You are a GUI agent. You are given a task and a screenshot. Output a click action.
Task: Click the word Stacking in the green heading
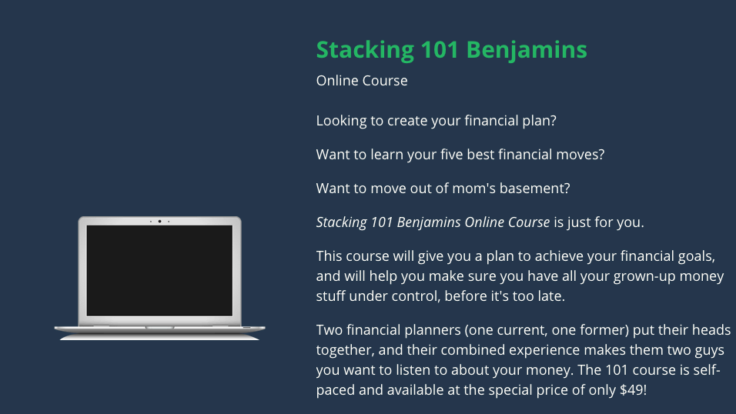click(x=365, y=50)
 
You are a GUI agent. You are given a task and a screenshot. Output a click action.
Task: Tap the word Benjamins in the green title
click(x=527, y=50)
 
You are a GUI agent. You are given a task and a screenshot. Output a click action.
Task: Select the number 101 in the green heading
click(x=440, y=49)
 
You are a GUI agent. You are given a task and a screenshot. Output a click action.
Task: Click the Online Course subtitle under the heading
click(x=362, y=80)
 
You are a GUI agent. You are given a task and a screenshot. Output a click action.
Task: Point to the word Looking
click(x=341, y=121)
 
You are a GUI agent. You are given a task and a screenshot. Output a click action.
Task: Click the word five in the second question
click(x=451, y=154)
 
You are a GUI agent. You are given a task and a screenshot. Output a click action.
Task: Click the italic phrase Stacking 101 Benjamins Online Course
click(x=433, y=222)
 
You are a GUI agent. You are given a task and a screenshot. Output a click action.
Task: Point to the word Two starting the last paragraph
click(x=330, y=329)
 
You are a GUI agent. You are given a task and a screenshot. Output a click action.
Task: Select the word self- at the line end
click(x=706, y=369)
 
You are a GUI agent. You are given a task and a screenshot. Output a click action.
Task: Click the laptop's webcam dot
click(x=159, y=221)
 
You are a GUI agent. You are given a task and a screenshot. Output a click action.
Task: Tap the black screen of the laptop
click(x=159, y=270)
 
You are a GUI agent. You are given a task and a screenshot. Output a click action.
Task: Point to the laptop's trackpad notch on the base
click(x=159, y=327)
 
